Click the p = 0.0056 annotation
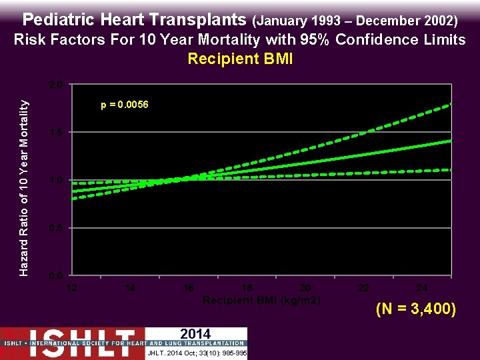[125, 105]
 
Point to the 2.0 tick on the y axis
[57, 85]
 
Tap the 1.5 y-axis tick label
[57, 133]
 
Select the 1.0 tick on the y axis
[57, 181]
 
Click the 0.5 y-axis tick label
[57, 229]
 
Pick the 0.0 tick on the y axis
[57, 276]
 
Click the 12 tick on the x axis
[72, 288]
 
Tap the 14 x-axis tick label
[130, 288]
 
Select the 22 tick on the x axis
[363, 288]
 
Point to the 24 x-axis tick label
[421, 288]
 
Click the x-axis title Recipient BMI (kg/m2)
[261, 301]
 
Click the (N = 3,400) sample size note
[416, 309]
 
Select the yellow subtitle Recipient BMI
[240, 59]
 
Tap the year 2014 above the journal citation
[195, 333]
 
